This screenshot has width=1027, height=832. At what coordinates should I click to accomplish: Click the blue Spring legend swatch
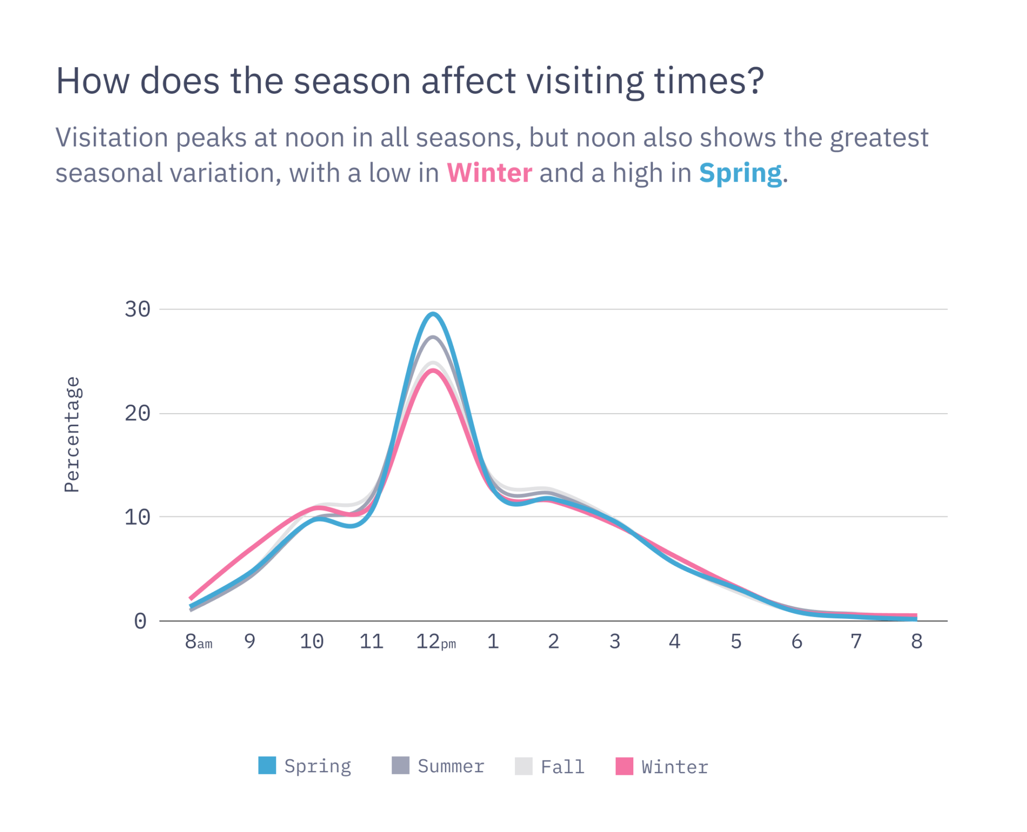click(267, 765)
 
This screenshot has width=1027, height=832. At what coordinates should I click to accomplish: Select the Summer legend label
click(450, 766)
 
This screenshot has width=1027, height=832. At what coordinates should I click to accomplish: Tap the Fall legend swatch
click(523, 766)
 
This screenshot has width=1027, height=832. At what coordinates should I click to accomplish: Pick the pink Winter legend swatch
click(624, 766)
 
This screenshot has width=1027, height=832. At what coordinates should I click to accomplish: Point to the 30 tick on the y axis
click(137, 309)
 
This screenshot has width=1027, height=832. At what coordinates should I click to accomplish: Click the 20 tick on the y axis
click(137, 414)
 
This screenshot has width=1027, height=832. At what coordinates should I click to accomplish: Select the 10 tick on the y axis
click(137, 517)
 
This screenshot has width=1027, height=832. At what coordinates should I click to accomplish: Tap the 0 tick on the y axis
click(140, 621)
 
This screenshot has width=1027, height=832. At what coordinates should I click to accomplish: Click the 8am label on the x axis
click(198, 641)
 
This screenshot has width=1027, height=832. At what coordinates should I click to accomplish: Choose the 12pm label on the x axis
click(435, 641)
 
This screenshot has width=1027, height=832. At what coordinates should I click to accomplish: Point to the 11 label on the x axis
click(371, 641)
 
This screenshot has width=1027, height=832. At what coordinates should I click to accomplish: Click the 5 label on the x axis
click(736, 641)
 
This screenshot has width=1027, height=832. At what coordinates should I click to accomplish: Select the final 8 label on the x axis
click(916, 641)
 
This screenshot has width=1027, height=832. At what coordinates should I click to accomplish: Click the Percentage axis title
click(72, 434)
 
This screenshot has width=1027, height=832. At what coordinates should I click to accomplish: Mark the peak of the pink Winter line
click(433, 371)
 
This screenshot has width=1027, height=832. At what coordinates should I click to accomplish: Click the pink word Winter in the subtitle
click(489, 173)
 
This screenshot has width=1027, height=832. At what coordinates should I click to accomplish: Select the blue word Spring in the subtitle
click(740, 174)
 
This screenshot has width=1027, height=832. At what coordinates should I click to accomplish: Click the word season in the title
click(352, 81)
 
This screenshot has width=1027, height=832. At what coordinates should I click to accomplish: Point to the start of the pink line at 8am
click(191, 598)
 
